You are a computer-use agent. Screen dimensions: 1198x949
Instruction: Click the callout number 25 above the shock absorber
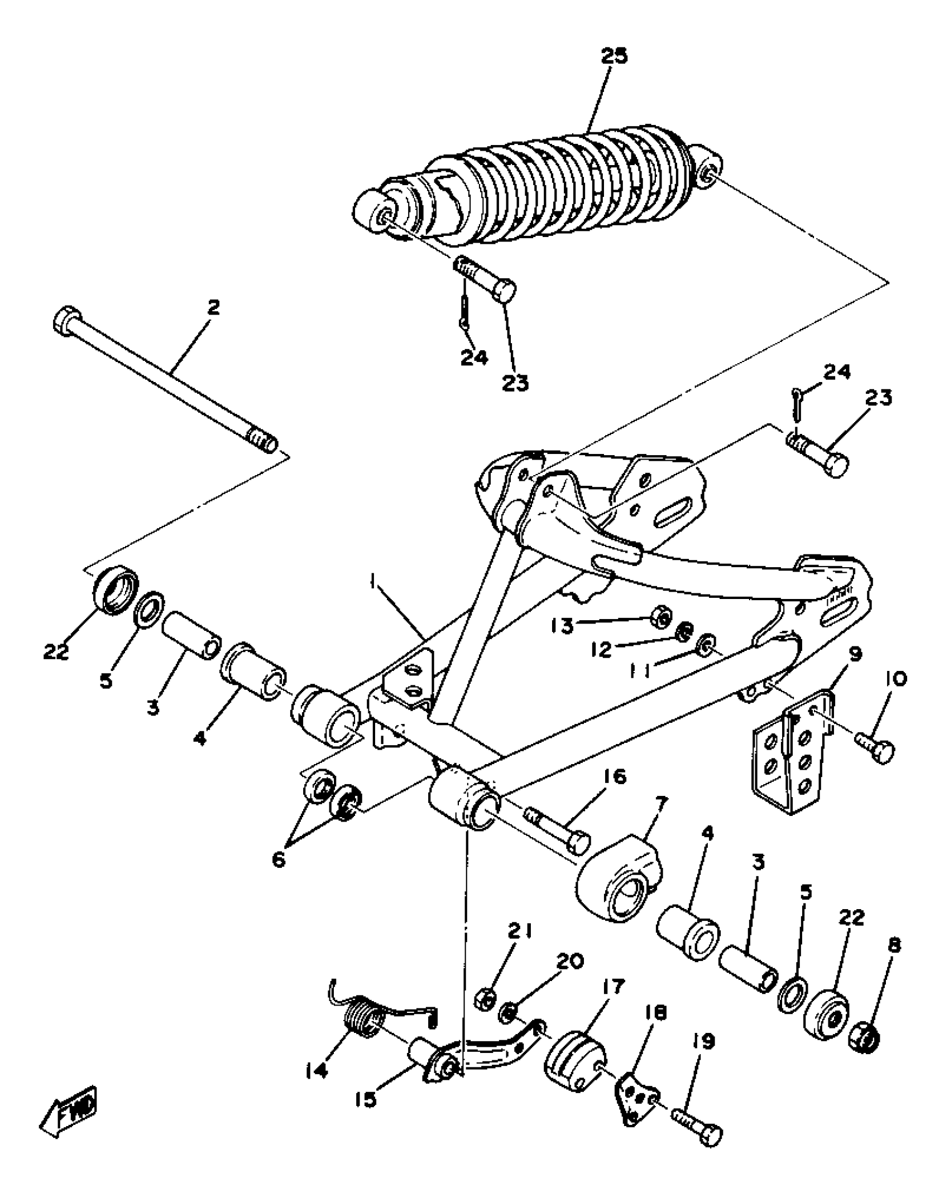coord(614,56)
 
